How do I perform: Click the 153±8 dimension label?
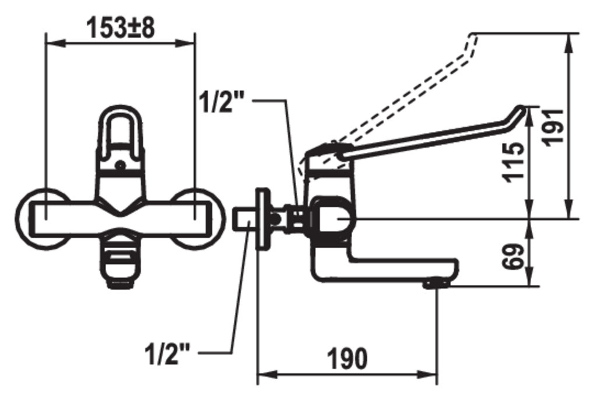tap(121, 27)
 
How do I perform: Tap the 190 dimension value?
tap(347, 359)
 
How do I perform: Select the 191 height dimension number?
tap(554, 127)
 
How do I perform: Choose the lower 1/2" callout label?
tap(167, 353)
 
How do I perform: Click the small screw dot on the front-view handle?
tap(120, 165)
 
